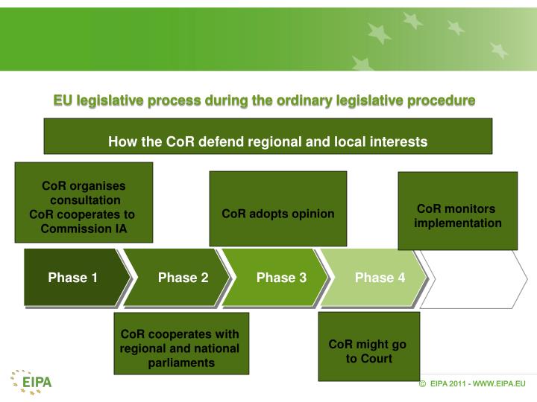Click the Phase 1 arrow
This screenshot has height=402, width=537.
[73, 278]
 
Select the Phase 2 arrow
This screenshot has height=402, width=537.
[179, 278]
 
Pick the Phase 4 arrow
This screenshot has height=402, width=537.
[377, 278]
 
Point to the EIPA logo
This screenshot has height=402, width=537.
[31, 383]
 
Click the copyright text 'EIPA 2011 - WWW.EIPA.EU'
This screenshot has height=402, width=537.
[477, 383]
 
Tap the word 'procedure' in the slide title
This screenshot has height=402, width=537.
[445, 100]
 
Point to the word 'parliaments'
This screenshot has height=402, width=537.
[180, 363]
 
